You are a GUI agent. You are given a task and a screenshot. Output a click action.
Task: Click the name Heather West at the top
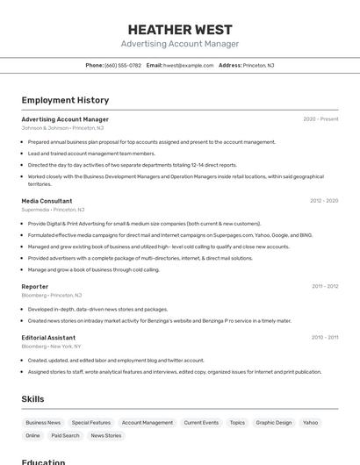coord(180,30)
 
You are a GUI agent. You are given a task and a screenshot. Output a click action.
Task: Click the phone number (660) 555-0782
coord(123,65)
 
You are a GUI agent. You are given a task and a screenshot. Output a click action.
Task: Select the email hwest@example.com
coord(187,65)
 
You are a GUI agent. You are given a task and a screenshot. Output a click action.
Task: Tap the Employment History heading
coord(65,101)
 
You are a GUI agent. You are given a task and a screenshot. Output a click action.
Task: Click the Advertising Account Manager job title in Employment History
coord(65,119)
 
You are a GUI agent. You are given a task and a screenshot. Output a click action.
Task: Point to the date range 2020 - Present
coord(320,119)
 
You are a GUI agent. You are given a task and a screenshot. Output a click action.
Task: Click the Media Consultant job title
coord(47,201)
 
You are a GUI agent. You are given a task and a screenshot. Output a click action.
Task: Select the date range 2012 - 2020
coord(324,201)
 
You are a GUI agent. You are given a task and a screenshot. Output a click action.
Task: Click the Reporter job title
coord(35,286)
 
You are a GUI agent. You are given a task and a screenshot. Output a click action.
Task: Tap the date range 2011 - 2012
coord(325,286)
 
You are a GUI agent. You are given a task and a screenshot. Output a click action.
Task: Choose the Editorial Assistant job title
coord(48,337)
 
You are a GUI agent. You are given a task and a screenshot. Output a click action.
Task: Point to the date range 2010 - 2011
coord(325,337)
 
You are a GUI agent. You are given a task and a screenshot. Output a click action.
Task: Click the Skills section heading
coord(32,399)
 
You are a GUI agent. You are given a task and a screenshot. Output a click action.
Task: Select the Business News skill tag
coord(43,423)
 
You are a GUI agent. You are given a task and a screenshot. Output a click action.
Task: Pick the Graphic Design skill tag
coord(274,423)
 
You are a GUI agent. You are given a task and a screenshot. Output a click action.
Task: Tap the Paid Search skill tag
coord(65,435)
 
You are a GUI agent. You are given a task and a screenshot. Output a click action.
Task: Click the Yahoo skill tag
coord(311,423)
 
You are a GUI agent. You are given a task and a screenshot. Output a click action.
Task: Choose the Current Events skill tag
coord(201,423)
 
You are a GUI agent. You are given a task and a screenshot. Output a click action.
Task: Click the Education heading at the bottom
coord(43,461)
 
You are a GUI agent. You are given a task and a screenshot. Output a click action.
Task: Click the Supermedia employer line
coord(53,210)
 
